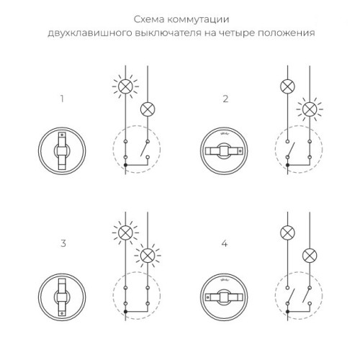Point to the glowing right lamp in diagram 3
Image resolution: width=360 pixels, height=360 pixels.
147,255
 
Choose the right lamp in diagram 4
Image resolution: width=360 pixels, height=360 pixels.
310,255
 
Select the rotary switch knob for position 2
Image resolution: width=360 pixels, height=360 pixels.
222,150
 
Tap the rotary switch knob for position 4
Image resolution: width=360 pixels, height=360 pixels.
222,296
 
